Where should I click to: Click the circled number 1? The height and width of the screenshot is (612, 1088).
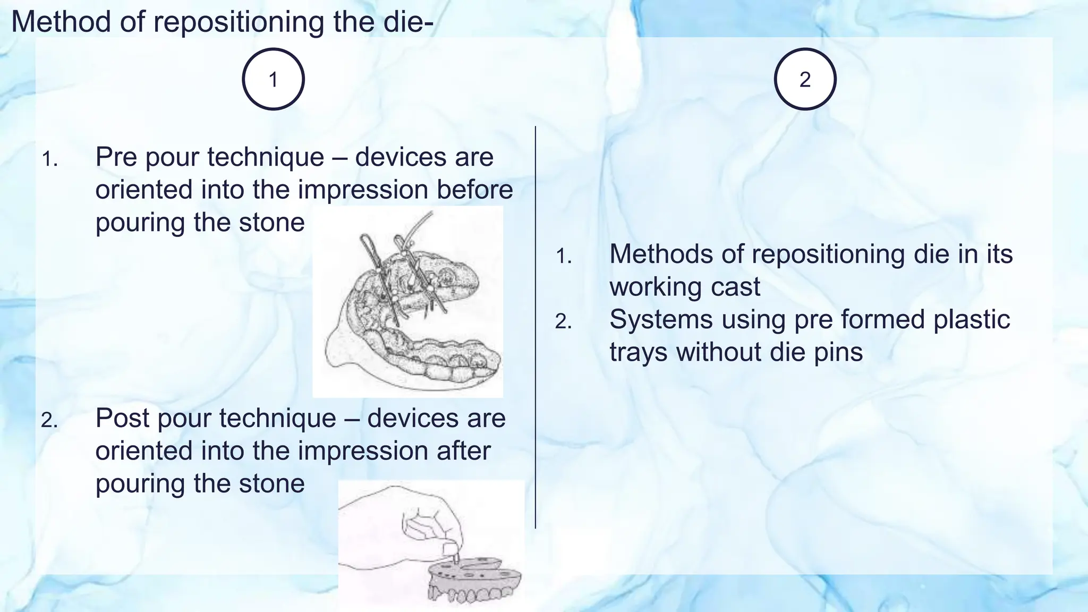click(273, 79)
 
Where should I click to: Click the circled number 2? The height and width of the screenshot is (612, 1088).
click(805, 79)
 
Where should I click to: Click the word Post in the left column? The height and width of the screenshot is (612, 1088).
click(123, 418)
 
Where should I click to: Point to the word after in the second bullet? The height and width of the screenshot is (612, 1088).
click(464, 451)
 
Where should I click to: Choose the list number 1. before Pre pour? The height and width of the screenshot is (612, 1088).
click(49, 159)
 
